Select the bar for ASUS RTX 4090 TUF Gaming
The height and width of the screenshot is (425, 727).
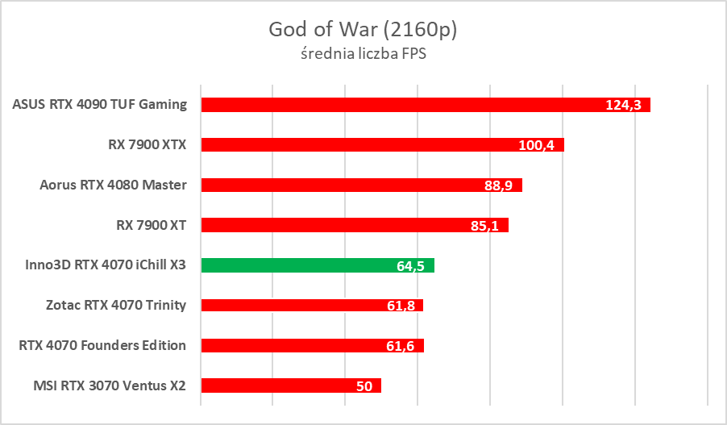[x=403, y=105]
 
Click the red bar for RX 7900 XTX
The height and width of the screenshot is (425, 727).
[x=363, y=145]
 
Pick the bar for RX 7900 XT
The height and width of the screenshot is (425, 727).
[x=339, y=225]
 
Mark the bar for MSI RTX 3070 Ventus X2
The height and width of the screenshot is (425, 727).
[x=274, y=385]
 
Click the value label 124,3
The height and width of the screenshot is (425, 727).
[x=622, y=105]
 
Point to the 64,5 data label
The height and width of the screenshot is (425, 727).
[x=411, y=265]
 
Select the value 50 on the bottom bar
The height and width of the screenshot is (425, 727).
[x=364, y=385]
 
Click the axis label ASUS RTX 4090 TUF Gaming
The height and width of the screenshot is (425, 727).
[x=100, y=104]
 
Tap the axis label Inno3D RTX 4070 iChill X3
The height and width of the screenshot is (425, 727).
[x=100, y=265]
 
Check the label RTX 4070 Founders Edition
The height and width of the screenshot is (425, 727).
[x=102, y=345]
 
